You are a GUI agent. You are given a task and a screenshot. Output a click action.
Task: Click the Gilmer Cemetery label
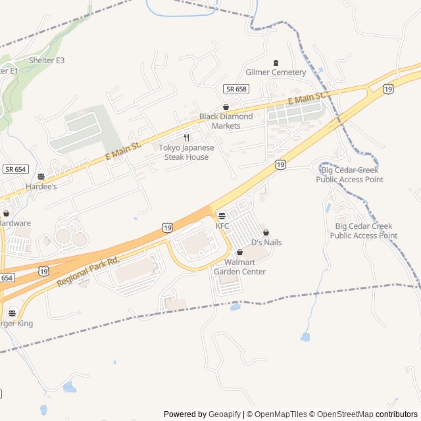pos(276,72)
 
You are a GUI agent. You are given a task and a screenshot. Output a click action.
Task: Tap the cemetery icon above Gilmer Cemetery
pos(276,62)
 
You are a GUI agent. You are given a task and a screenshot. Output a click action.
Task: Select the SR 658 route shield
pos(235,89)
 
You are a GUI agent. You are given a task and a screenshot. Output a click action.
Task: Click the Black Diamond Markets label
pos(226,121)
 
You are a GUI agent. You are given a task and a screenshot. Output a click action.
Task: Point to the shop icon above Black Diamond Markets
pos(226,107)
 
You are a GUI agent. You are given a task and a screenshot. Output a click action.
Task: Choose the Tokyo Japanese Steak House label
pos(186,153)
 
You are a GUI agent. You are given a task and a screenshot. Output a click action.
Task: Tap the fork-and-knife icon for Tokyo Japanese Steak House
pos(186,138)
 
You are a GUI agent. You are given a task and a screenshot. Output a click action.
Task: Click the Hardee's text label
pos(41,187)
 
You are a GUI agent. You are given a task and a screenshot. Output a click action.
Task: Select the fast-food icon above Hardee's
pos(41,176)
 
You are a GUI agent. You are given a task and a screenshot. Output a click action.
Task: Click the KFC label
pos(222,226)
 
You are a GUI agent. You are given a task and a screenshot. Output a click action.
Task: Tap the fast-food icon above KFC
pos(222,216)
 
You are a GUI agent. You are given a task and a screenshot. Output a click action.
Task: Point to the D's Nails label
pos(266,243)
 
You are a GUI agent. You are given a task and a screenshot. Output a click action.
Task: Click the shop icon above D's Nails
pos(266,232)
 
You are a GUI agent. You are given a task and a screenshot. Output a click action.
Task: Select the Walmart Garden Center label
pos(239,267)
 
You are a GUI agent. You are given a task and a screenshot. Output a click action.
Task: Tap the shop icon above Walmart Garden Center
pos(239,252)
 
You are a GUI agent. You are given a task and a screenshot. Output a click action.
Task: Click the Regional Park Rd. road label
pos(87,271)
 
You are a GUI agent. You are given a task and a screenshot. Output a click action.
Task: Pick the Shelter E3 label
pos(47,61)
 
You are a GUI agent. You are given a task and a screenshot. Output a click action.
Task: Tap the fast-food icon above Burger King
pos(12,313)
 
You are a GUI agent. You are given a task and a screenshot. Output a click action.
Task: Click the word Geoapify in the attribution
pos(225,414)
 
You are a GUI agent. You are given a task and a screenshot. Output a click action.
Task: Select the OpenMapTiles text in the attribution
pos(280,414)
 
